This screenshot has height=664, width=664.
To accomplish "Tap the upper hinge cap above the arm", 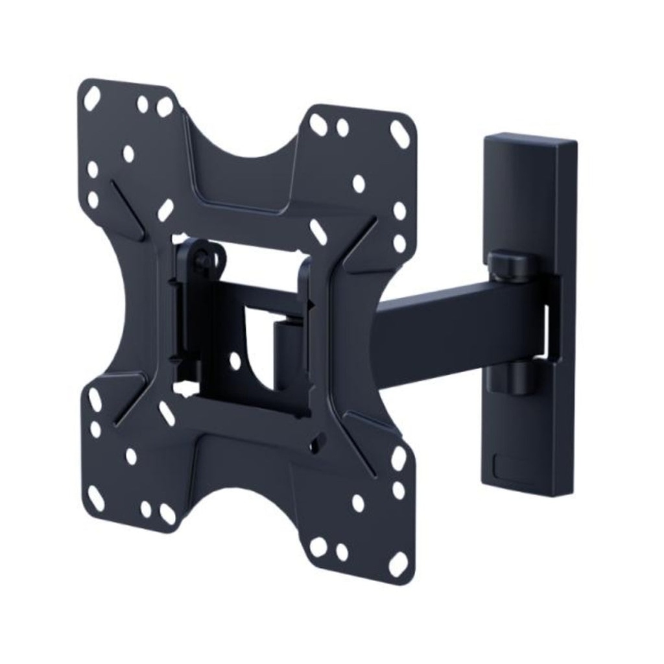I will point(512,265).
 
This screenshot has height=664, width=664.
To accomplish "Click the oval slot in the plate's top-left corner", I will point(92,99).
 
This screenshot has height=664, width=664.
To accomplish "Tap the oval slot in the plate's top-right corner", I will point(399,134).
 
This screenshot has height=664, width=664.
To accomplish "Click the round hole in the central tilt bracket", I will point(235,361).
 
